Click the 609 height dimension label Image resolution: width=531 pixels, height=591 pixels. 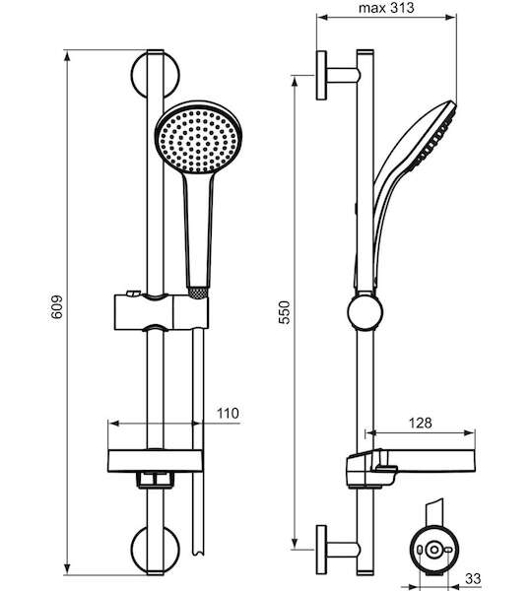click(x=56, y=307)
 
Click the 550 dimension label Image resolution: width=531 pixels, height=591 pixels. click(x=285, y=312)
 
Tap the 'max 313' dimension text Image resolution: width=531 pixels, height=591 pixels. click(x=386, y=8)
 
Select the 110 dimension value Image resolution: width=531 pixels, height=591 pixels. click(x=228, y=413)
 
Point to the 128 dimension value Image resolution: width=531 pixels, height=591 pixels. click(x=421, y=423)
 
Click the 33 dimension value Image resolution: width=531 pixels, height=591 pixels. click(x=473, y=578)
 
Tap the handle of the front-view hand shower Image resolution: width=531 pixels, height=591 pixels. click(x=198, y=230)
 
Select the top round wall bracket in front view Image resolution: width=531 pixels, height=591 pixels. click(x=156, y=75)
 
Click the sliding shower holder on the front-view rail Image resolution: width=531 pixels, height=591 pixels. click(x=161, y=311)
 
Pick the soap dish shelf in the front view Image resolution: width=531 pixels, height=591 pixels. click(x=156, y=461)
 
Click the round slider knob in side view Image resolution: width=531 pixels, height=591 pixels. click(x=365, y=312)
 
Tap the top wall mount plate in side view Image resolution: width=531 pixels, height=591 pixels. click(x=321, y=75)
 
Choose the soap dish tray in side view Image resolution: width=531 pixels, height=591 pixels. click(x=411, y=466)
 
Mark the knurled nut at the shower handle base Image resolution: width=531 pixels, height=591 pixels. click(x=198, y=294)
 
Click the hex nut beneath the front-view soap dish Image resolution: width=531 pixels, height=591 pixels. click(x=156, y=480)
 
